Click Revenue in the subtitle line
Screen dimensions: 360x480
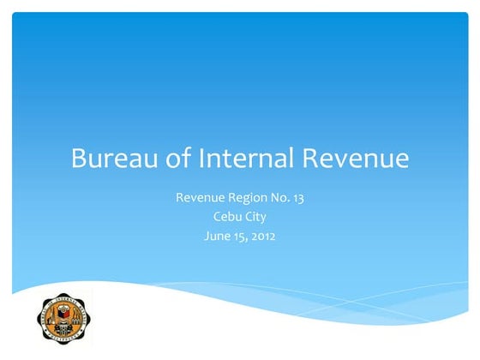pyautogui.click(x=200, y=198)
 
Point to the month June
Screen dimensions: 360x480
pyautogui.click(x=219, y=236)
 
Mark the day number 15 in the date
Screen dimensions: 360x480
pyautogui.click(x=243, y=236)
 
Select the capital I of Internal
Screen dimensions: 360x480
pyautogui.click(x=201, y=159)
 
